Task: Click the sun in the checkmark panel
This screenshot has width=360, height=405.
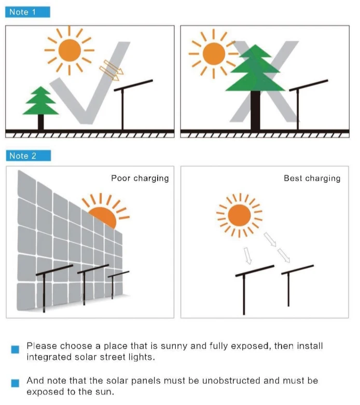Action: [69, 50]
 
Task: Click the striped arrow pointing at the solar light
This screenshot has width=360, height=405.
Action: [109, 71]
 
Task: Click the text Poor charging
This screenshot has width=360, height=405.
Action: [140, 178]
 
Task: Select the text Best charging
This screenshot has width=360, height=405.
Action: [312, 178]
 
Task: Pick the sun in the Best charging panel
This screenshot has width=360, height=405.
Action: [240, 215]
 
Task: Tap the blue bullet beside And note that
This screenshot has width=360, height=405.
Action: [15, 383]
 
